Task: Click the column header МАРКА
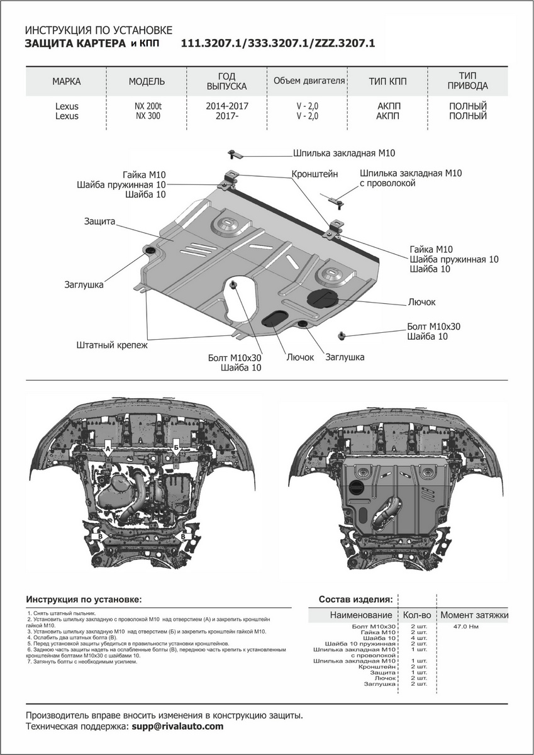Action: click(x=66, y=81)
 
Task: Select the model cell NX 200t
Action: click(x=147, y=106)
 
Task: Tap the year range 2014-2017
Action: click(x=227, y=106)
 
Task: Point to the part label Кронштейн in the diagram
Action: click(x=314, y=173)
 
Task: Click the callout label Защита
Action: click(x=99, y=221)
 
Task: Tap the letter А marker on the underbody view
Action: click(x=108, y=449)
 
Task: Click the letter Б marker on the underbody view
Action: click(x=176, y=449)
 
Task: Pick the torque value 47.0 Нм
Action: click(x=467, y=627)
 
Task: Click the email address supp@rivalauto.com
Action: click(x=177, y=726)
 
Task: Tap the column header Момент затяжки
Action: click(x=474, y=615)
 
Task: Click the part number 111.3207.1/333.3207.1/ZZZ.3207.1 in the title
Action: click(x=277, y=43)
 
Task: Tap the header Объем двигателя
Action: click(x=309, y=81)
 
